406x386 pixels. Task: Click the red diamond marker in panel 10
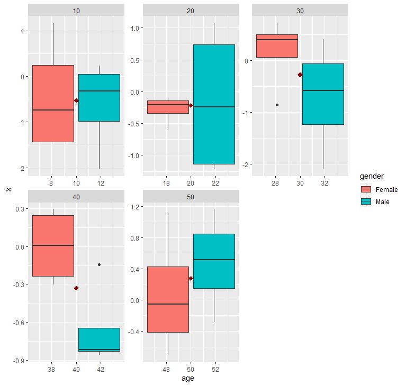(x=76, y=100)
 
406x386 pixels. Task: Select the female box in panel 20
(x=168, y=107)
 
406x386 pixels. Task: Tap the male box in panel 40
(x=99, y=339)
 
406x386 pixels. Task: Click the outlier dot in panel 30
(x=277, y=105)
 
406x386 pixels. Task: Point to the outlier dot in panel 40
(x=99, y=264)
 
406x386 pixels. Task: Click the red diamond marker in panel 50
(x=191, y=278)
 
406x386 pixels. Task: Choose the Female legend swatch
(x=366, y=189)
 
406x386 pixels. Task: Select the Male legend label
(x=383, y=202)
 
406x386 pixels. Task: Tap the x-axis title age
(x=187, y=379)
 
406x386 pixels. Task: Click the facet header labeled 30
(x=300, y=11)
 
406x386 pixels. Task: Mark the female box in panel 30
(x=277, y=46)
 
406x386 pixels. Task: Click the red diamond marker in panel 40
(x=76, y=288)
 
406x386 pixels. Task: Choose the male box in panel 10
(x=99, y=98)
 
